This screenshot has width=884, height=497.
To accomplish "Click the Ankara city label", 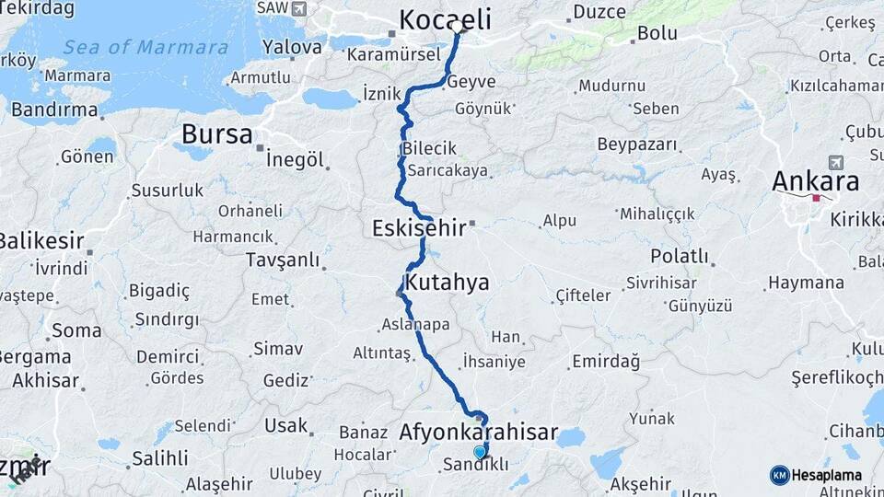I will click(815, 180).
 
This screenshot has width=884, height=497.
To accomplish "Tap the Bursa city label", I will click(216, 134).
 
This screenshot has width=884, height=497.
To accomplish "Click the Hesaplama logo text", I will click(828, 475).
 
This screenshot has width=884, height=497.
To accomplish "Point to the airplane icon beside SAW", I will click(298, 8).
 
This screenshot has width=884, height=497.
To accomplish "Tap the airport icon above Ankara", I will click(836, 161).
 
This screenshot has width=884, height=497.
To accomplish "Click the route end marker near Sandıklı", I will click(479, 452).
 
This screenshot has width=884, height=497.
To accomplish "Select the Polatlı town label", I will click(680, 255).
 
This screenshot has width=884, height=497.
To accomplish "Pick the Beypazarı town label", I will click(637, 144).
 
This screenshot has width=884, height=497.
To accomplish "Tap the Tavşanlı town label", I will click(282, 260).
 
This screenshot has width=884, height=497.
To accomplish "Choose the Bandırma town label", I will click(54, 110).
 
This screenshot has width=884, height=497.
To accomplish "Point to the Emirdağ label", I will click(605, 361).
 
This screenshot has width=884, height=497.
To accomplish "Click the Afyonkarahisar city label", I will click(479, 431).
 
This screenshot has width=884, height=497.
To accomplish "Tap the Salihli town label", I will click(159, 457).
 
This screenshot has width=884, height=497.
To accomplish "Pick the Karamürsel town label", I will click(388, 55).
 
